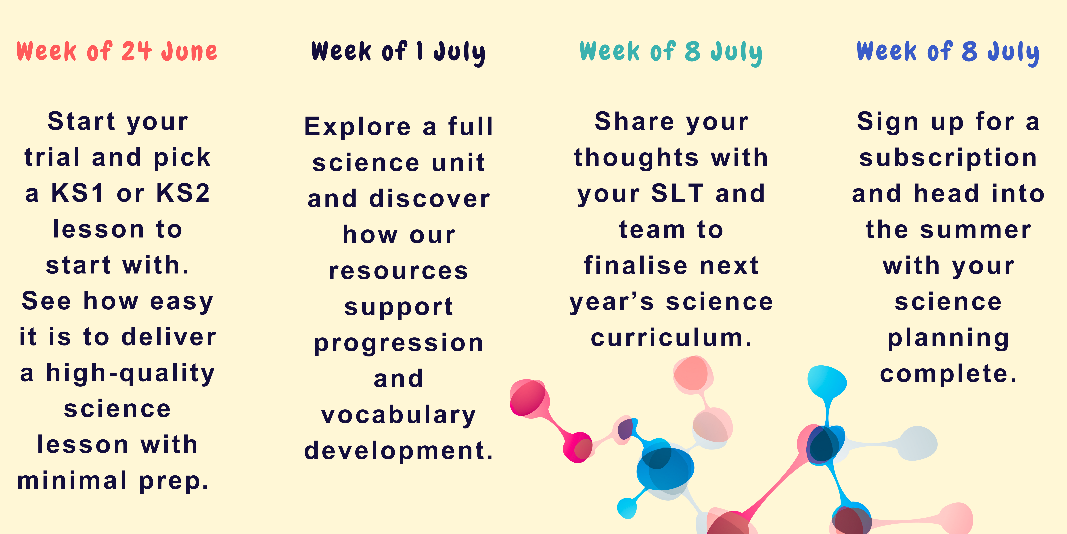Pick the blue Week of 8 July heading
pos(948,53)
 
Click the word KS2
pos(183,193)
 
